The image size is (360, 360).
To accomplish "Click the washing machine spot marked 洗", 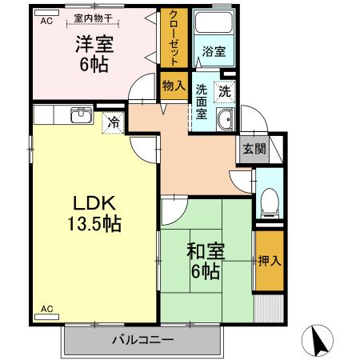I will [x=226, y=91].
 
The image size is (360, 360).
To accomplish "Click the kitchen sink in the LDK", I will [x=80, y=117].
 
